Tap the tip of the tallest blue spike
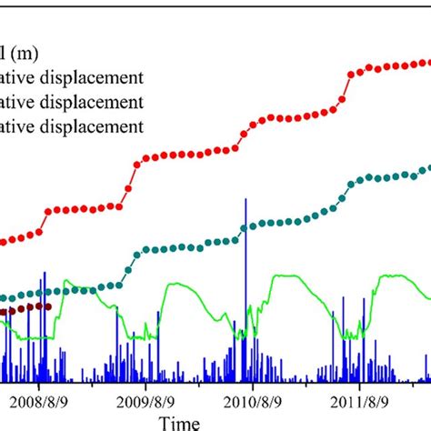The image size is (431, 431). pos(245,198)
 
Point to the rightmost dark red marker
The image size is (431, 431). pos(47,306)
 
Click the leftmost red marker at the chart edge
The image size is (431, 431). pos(3,242)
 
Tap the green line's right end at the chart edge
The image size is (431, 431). pos(429,297)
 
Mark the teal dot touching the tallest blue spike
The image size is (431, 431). pos(245,234)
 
